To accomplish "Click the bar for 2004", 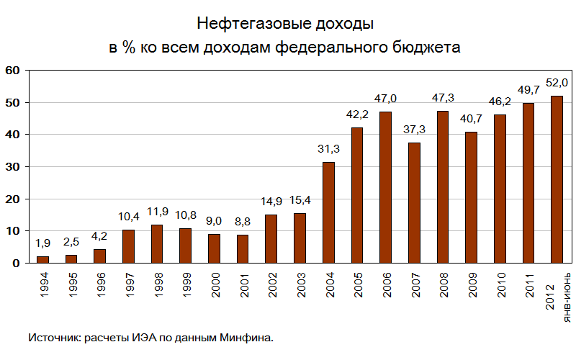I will click(328, 212).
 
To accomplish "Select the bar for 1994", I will click(43, 260).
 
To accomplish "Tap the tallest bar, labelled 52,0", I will click(557, 179).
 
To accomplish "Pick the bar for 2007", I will click(414, 203).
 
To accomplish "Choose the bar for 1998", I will click(157, 243).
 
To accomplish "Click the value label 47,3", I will click(443, 97).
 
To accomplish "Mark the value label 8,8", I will click(243, 221).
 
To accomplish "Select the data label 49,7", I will click(528, 89).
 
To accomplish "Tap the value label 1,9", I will click(43, 243).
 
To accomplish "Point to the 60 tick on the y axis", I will click(12, 71).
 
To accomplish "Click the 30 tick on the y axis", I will click(12, 167).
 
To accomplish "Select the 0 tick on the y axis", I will click(16, 264).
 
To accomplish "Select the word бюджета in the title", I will click(425, 48).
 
